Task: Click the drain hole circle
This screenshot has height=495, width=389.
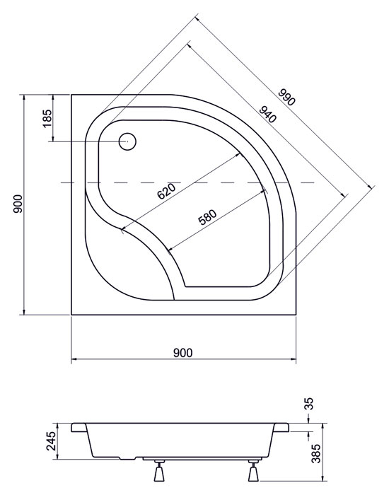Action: click(x=127, y=141)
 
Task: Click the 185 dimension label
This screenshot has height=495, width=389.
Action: click(x=47, y=118)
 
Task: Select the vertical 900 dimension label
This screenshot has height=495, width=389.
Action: click(x=18, y=204)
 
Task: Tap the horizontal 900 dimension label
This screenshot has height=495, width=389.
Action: click(x=182, y=353)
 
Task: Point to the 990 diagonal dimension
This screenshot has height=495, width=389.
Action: click(x=286, y=97)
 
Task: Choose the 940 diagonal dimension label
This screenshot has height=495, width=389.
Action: click(x=268, y=115)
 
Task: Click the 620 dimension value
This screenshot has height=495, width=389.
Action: click(x=166, y=192)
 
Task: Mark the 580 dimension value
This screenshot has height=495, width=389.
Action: click(x=207, y=217)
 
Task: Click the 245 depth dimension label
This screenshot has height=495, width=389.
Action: click(x=50, y=441)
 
